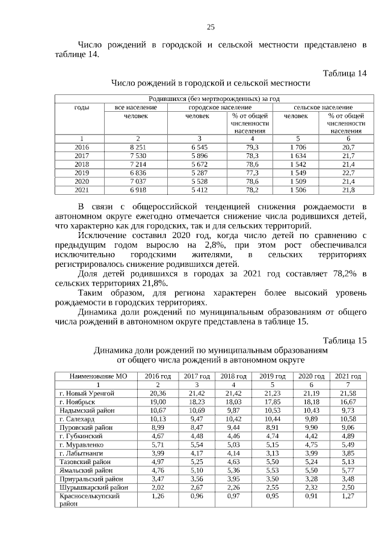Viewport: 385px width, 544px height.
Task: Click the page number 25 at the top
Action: click(211, 26)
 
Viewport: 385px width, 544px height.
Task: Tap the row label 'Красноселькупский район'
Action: click(87, 501)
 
